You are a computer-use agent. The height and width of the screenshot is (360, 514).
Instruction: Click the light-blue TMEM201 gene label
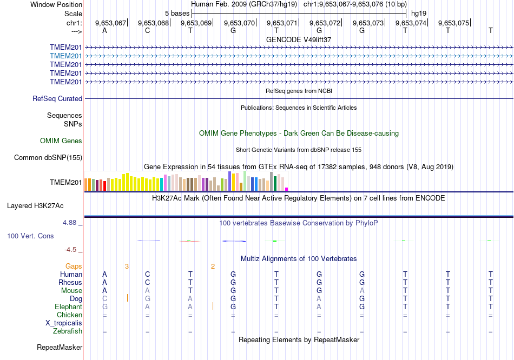click(x=66, y=56)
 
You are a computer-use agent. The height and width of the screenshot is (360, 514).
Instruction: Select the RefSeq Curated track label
click(x=57, y=99)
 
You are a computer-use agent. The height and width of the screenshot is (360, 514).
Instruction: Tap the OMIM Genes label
click(x=61, y=141)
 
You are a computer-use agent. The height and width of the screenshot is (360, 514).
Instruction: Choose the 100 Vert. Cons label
click(x=30, y=236)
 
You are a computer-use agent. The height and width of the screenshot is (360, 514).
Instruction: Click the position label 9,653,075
click(x=453, y=23)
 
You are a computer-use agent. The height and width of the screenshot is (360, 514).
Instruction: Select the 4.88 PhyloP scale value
click(x=72, y=222)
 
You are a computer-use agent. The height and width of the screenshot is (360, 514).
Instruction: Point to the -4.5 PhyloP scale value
click(x=72, y=250)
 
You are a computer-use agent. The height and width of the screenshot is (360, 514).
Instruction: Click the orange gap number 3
click(x=127, y=266)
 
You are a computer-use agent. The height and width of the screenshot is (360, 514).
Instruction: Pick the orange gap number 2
click(x=213, y=266)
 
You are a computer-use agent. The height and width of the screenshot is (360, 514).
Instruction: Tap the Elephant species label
click(x=68, y=307)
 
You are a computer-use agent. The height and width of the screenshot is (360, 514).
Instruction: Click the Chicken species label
click(x=70, y=315)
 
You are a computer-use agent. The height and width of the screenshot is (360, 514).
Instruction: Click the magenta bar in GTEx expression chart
click(x=287, y=189)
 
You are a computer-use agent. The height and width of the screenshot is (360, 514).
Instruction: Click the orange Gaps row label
click(x=74, y=266)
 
